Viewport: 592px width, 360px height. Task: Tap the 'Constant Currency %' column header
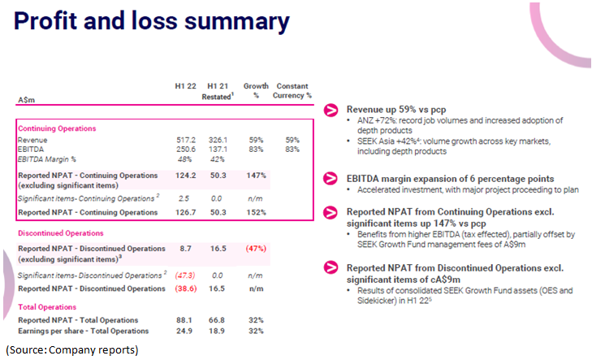(292, 91)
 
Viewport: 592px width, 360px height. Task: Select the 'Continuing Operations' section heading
(57, 128)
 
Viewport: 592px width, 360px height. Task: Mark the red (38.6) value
(187, 288)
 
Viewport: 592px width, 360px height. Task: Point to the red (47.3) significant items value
(187, 276)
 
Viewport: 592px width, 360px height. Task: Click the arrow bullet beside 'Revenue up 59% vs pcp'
(331, 109)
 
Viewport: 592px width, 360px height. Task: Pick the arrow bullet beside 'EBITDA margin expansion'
(331, 178)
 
